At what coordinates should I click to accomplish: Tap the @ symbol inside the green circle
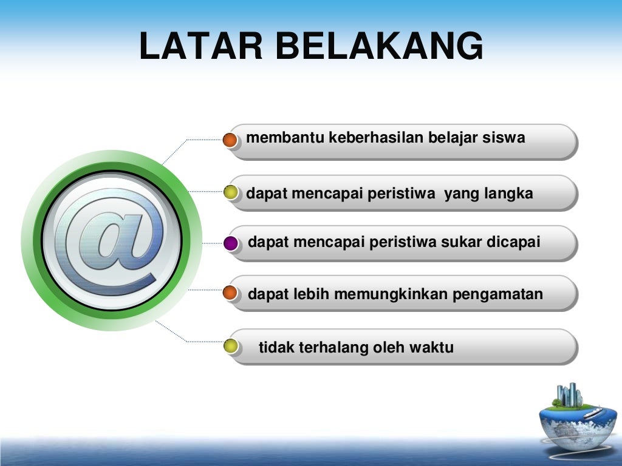[x=112, y=241]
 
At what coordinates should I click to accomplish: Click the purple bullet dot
[x=230, y=243]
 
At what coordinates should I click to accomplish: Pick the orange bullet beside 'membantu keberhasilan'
[x=230, y=140]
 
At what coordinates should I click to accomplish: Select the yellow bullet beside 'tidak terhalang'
[x=230, y=346]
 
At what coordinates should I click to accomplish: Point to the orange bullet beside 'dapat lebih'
[x=230, y=294]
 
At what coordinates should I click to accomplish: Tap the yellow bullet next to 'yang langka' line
[x=230, y=193]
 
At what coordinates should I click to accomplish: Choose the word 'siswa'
[x=504, y=138]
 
